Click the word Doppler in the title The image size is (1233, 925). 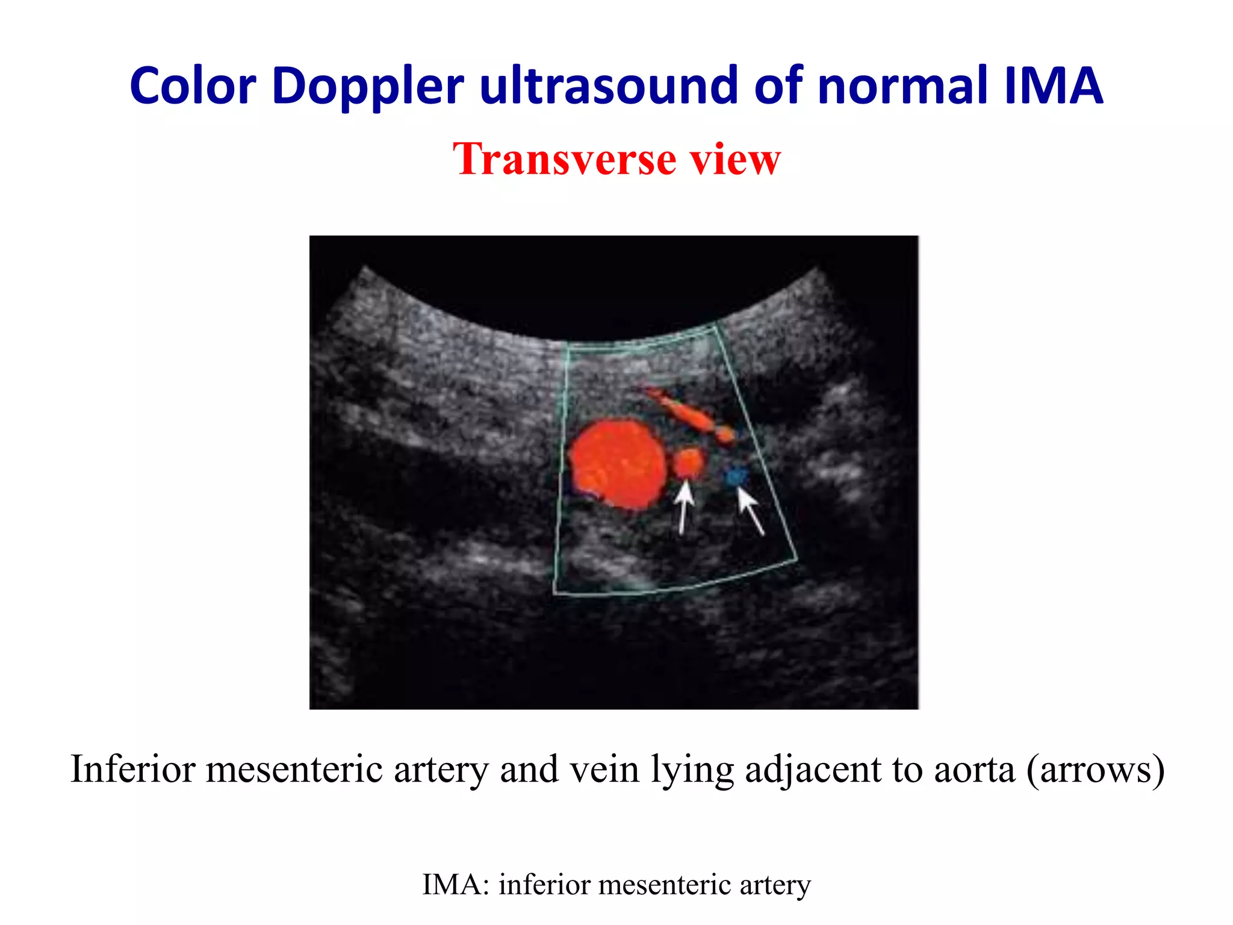(368, 87)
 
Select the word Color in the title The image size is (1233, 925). (193, 87)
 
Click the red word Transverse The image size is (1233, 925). (564, 159)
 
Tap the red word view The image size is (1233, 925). (735, 159)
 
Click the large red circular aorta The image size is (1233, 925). (618, 464)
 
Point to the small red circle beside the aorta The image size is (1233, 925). (688, 462)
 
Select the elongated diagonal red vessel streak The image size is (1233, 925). (686, 412)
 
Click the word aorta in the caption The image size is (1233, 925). (974, 770)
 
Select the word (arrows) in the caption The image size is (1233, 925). (1096, 770)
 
